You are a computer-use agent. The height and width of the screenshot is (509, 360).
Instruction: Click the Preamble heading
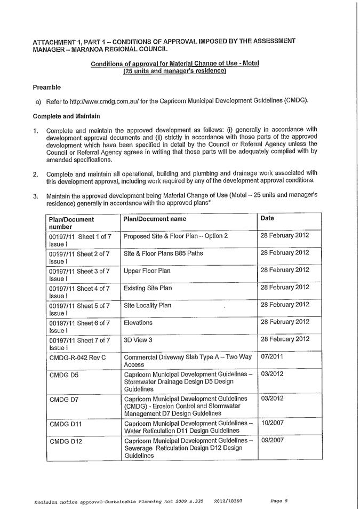47,87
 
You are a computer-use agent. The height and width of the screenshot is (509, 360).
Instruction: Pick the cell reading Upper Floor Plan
147,271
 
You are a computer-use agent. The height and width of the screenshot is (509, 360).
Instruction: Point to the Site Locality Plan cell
148,305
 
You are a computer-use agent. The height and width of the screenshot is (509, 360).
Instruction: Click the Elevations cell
138,322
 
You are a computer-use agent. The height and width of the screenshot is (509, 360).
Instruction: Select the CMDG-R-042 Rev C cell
77,357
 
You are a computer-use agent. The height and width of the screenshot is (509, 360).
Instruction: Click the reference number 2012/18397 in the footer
230,499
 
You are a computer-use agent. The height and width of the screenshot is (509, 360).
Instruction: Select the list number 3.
35,196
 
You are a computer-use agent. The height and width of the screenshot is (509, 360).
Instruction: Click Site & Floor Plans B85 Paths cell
163,253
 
